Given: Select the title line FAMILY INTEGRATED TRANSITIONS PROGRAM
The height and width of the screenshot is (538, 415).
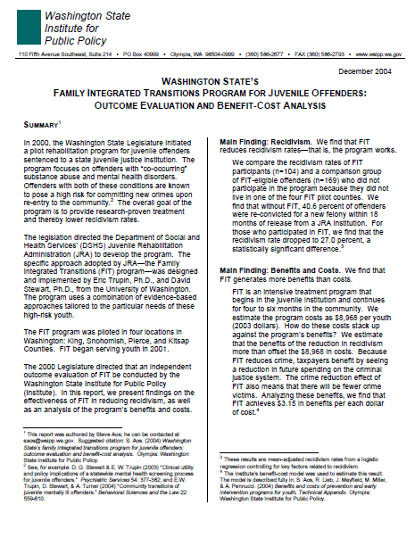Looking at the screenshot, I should tap(206, 93).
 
